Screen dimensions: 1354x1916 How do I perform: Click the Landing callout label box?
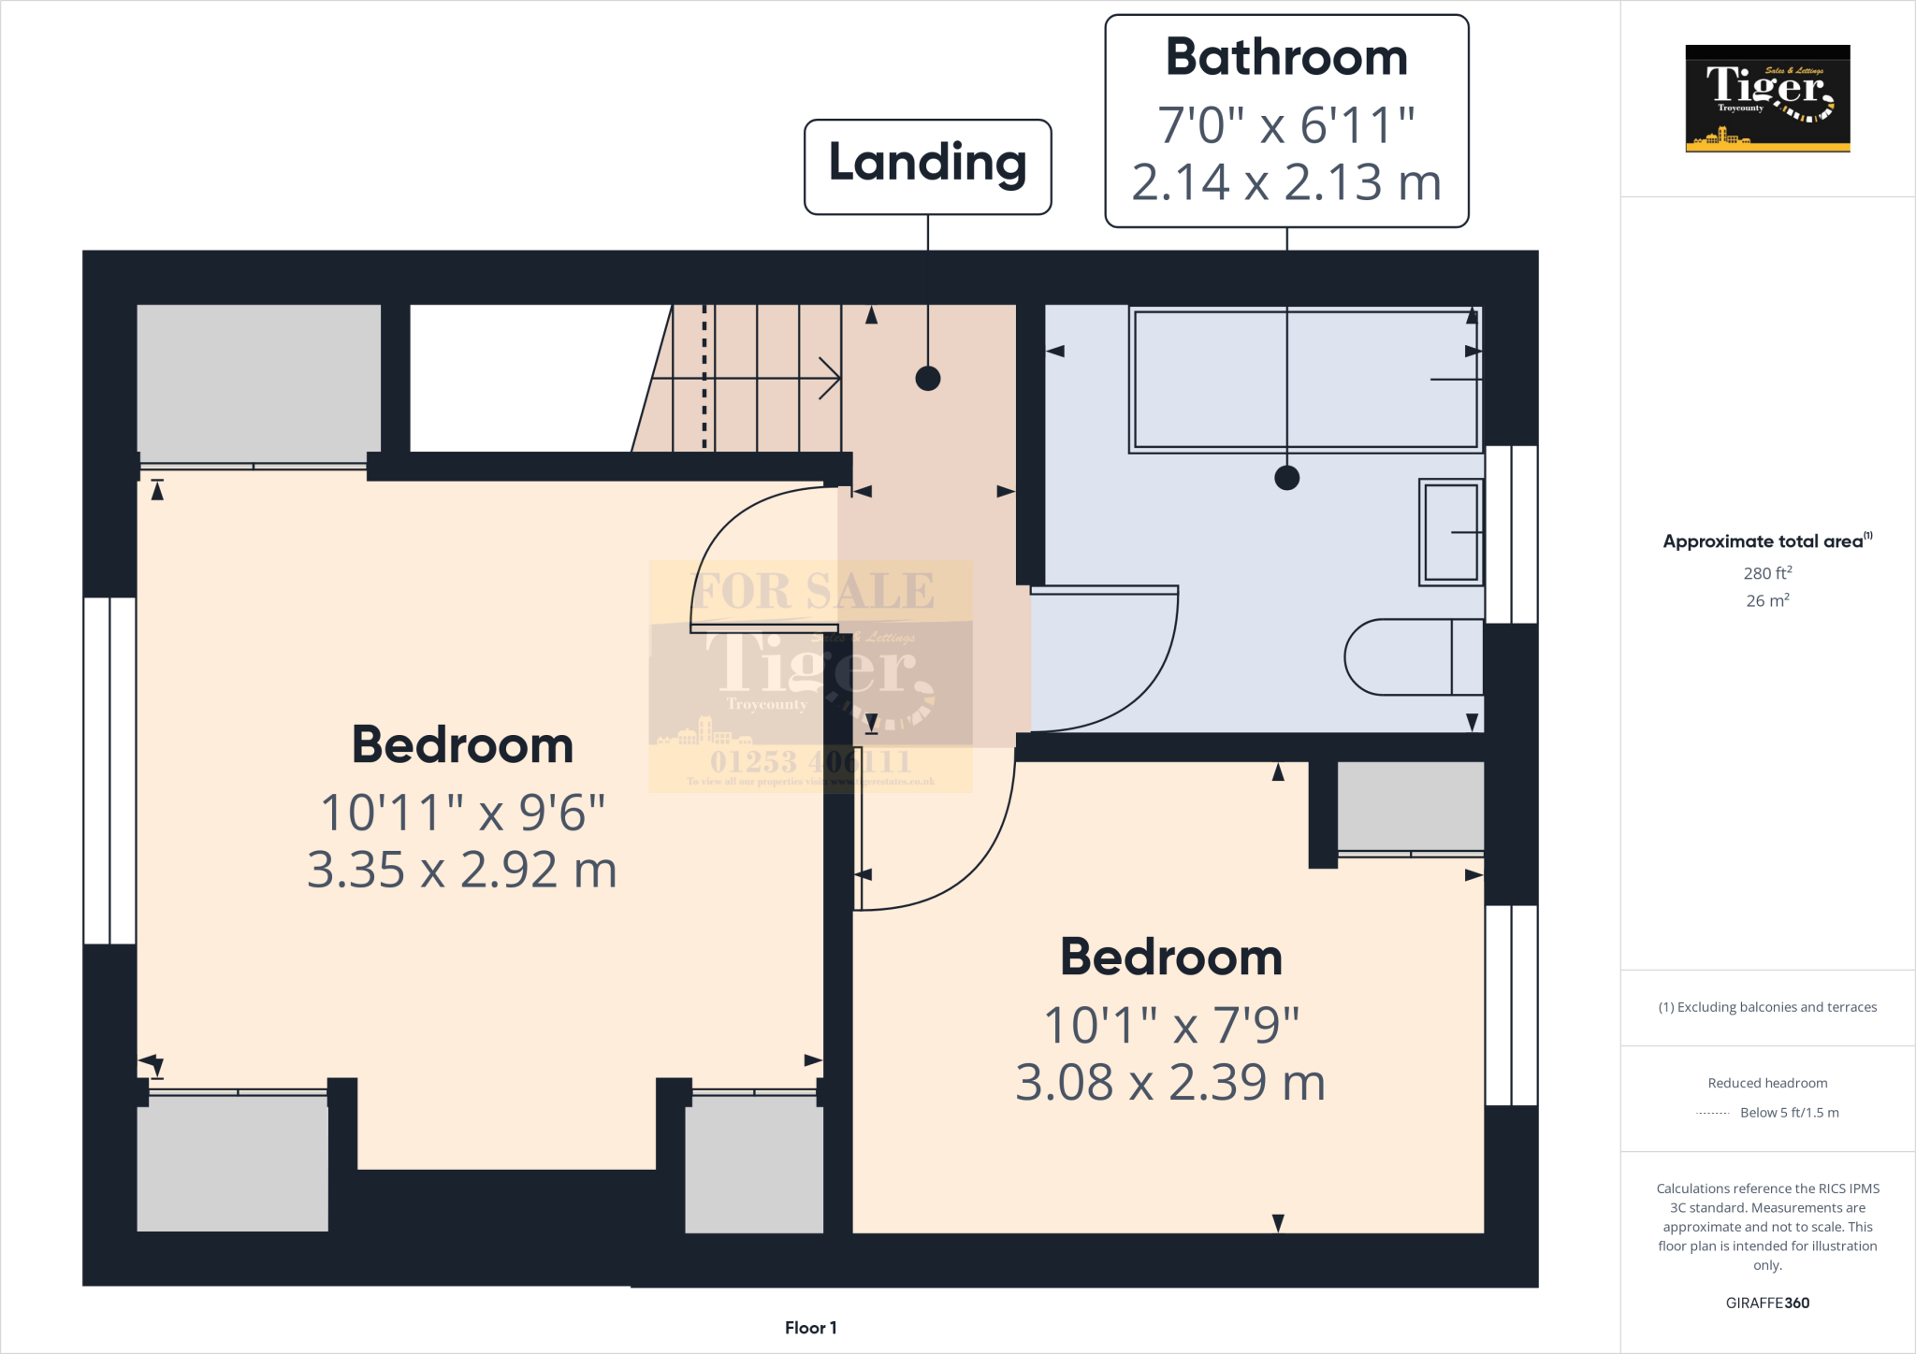point(927,166)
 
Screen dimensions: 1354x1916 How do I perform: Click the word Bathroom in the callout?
point(1286,58)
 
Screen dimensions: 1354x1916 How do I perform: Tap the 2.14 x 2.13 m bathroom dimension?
point(1286,182)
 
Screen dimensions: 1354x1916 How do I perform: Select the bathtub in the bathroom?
point(1304,379)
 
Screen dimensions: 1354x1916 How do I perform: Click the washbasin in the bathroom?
point(1451,532)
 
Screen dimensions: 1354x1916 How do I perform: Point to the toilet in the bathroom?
point(1413,656)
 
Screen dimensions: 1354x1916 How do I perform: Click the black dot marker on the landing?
point(927,379)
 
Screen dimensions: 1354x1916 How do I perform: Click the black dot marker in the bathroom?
point(1286,478)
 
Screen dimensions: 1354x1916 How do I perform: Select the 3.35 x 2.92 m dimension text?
point(462,871)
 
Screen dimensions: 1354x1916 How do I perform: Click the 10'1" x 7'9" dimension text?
point(1171,1025)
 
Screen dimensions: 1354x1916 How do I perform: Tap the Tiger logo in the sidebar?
point(1767,98)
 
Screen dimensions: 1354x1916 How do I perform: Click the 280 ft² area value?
point(1767,573)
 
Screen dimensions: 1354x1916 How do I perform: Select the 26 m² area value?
point(1767,600)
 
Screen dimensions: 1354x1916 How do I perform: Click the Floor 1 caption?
point(810,1328)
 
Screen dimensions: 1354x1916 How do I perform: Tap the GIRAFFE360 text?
point(1767,1303)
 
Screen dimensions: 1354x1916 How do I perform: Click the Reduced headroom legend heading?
point(1767,1083)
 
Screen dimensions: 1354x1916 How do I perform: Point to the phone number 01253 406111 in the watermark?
point(810,761)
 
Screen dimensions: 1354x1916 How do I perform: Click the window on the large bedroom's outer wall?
point(109,771)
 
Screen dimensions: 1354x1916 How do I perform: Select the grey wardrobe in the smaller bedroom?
point(1410,806)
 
